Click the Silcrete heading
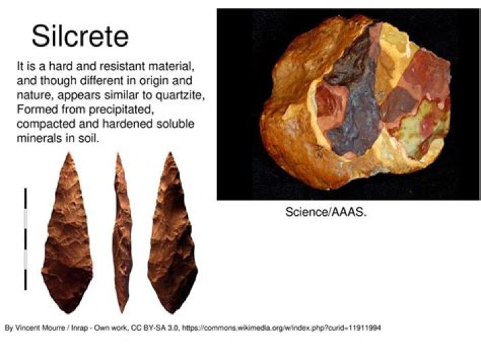(80, 37)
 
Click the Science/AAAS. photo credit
(326, 212)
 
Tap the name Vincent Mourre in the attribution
(40, 328)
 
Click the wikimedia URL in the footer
(282, 328)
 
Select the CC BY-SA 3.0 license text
(155, 328)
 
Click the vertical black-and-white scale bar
(25, 239)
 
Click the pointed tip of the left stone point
(69, 153)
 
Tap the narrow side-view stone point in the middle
(122, 233)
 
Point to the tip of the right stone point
(170, 153)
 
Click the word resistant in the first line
(124, 66)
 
